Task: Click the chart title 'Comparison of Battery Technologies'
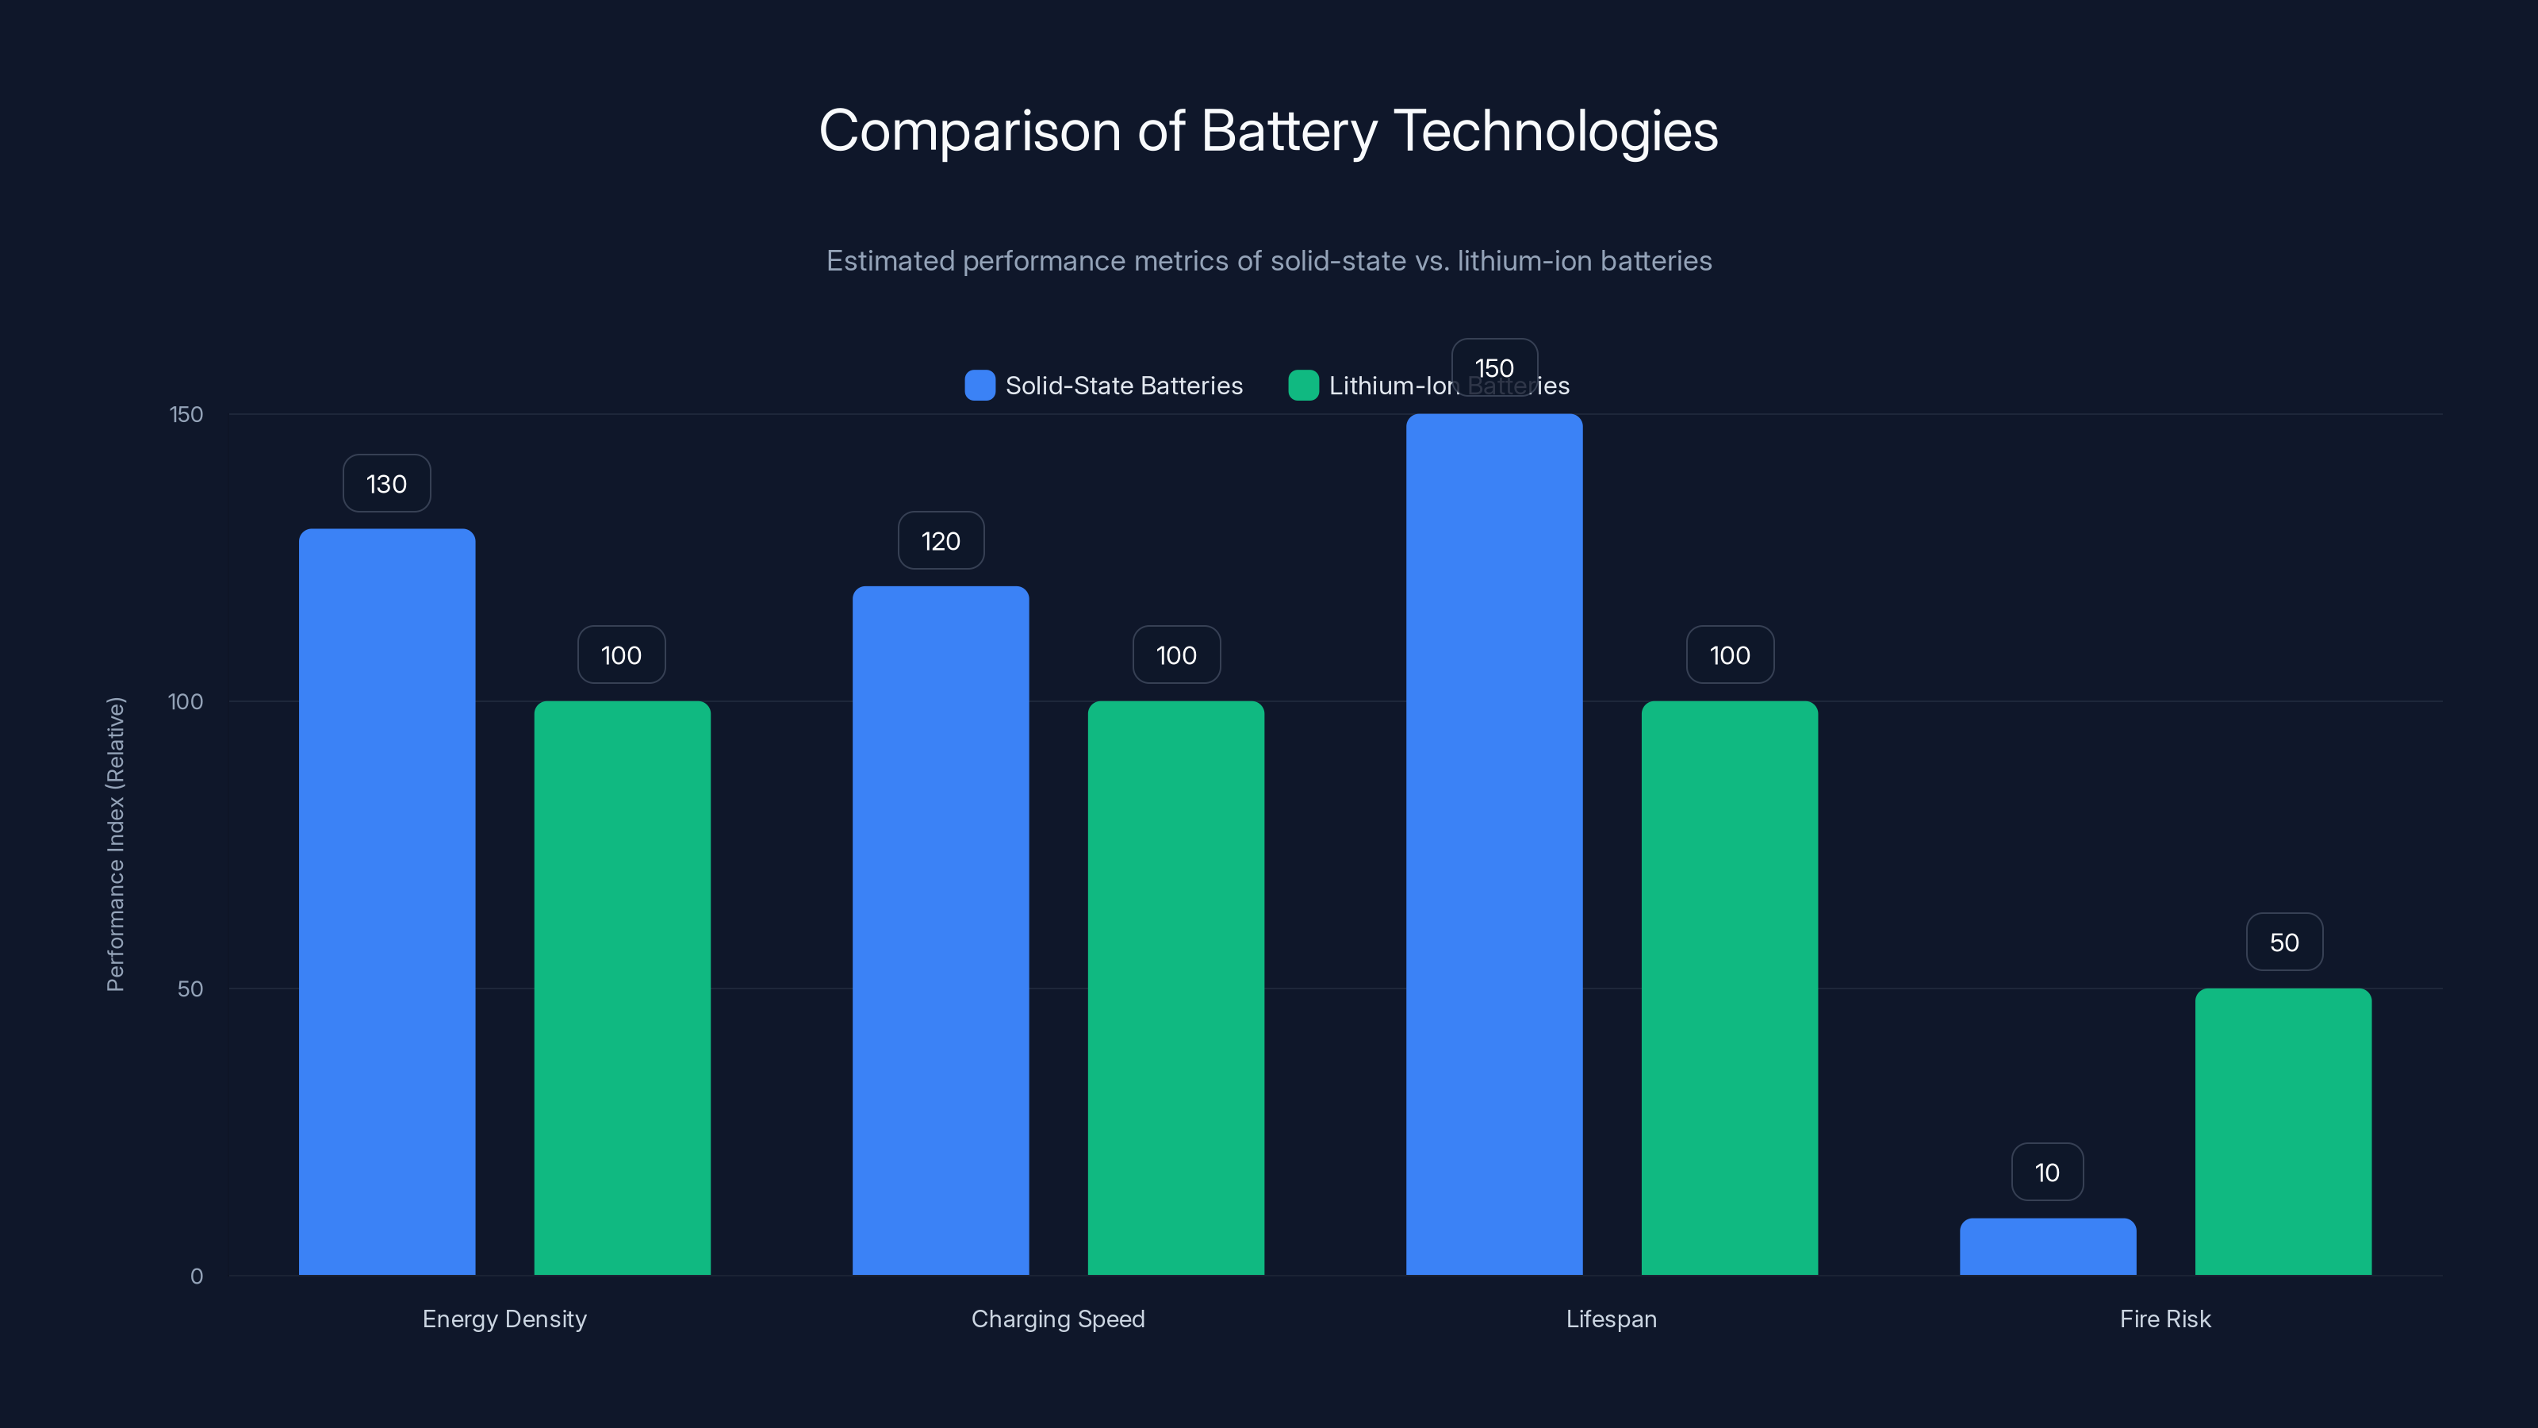pos(1268,131)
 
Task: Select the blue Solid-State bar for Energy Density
pos(386,902)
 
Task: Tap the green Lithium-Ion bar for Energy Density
pos(622,988)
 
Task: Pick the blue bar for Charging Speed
pos(940,931)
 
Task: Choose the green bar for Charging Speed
pos(1175,988)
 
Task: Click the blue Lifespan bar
pos(1493,845)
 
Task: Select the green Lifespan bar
pos(1729,988)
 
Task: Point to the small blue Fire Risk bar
pos(2047,1246)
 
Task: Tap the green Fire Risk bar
pos(2283,1131)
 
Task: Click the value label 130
pos(386,484)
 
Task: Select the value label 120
pos(940,541)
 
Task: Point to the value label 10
pos(2047,1173)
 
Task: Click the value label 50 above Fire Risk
pos(2284,943)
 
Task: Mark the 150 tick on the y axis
pos(186,415)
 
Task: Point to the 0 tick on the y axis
pos(196,1277)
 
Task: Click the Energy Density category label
pos(504,1319)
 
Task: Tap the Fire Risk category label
pos(2164,1319)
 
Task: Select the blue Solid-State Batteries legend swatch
pos(980,386)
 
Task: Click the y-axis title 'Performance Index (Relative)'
pos(115,845)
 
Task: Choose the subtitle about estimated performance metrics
pos(1268,261)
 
